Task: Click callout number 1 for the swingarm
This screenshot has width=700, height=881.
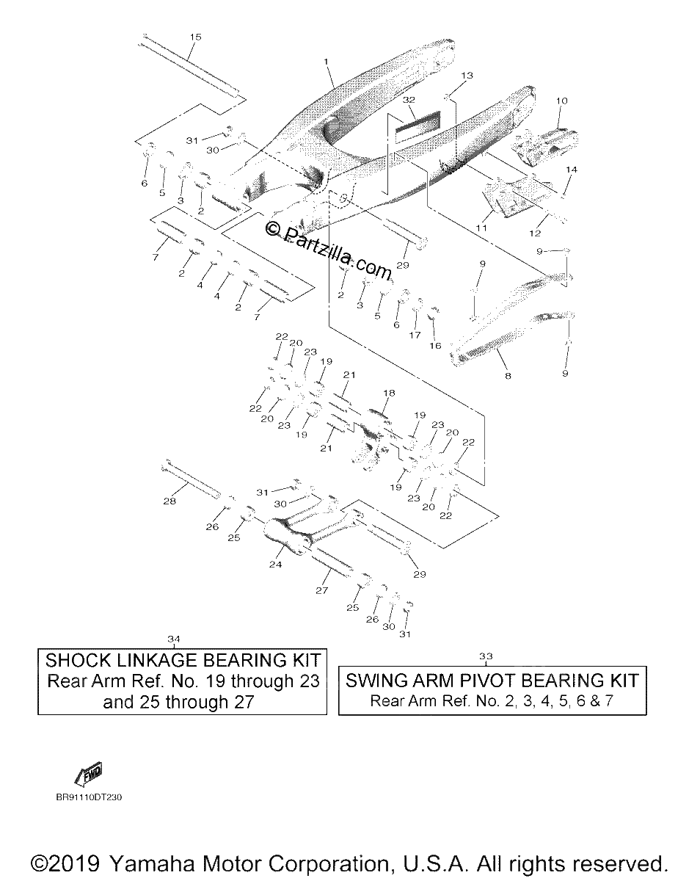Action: click(x=326, y=62)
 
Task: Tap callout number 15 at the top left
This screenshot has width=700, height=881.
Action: click(x=196, y=37)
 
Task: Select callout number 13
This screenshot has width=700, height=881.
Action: click(x=467, y=76)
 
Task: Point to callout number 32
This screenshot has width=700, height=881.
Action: click(x=409, y=100)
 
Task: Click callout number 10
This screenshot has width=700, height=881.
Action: click(x=562, y=101)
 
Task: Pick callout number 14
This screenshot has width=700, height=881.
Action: click(x=572, y=170)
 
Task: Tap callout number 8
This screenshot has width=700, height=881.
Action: click(x=508, y=376)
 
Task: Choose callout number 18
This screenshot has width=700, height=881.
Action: click(x=389, y=393)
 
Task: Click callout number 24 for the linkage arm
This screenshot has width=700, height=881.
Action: click(x=275, y=565)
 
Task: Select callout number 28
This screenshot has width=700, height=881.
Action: click(x=169, y=501)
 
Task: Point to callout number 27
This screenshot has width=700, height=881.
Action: click(x=322, y=590)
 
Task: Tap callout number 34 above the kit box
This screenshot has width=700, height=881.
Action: click(x=174, y=639)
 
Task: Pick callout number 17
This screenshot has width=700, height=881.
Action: click(x=415, y=336)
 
